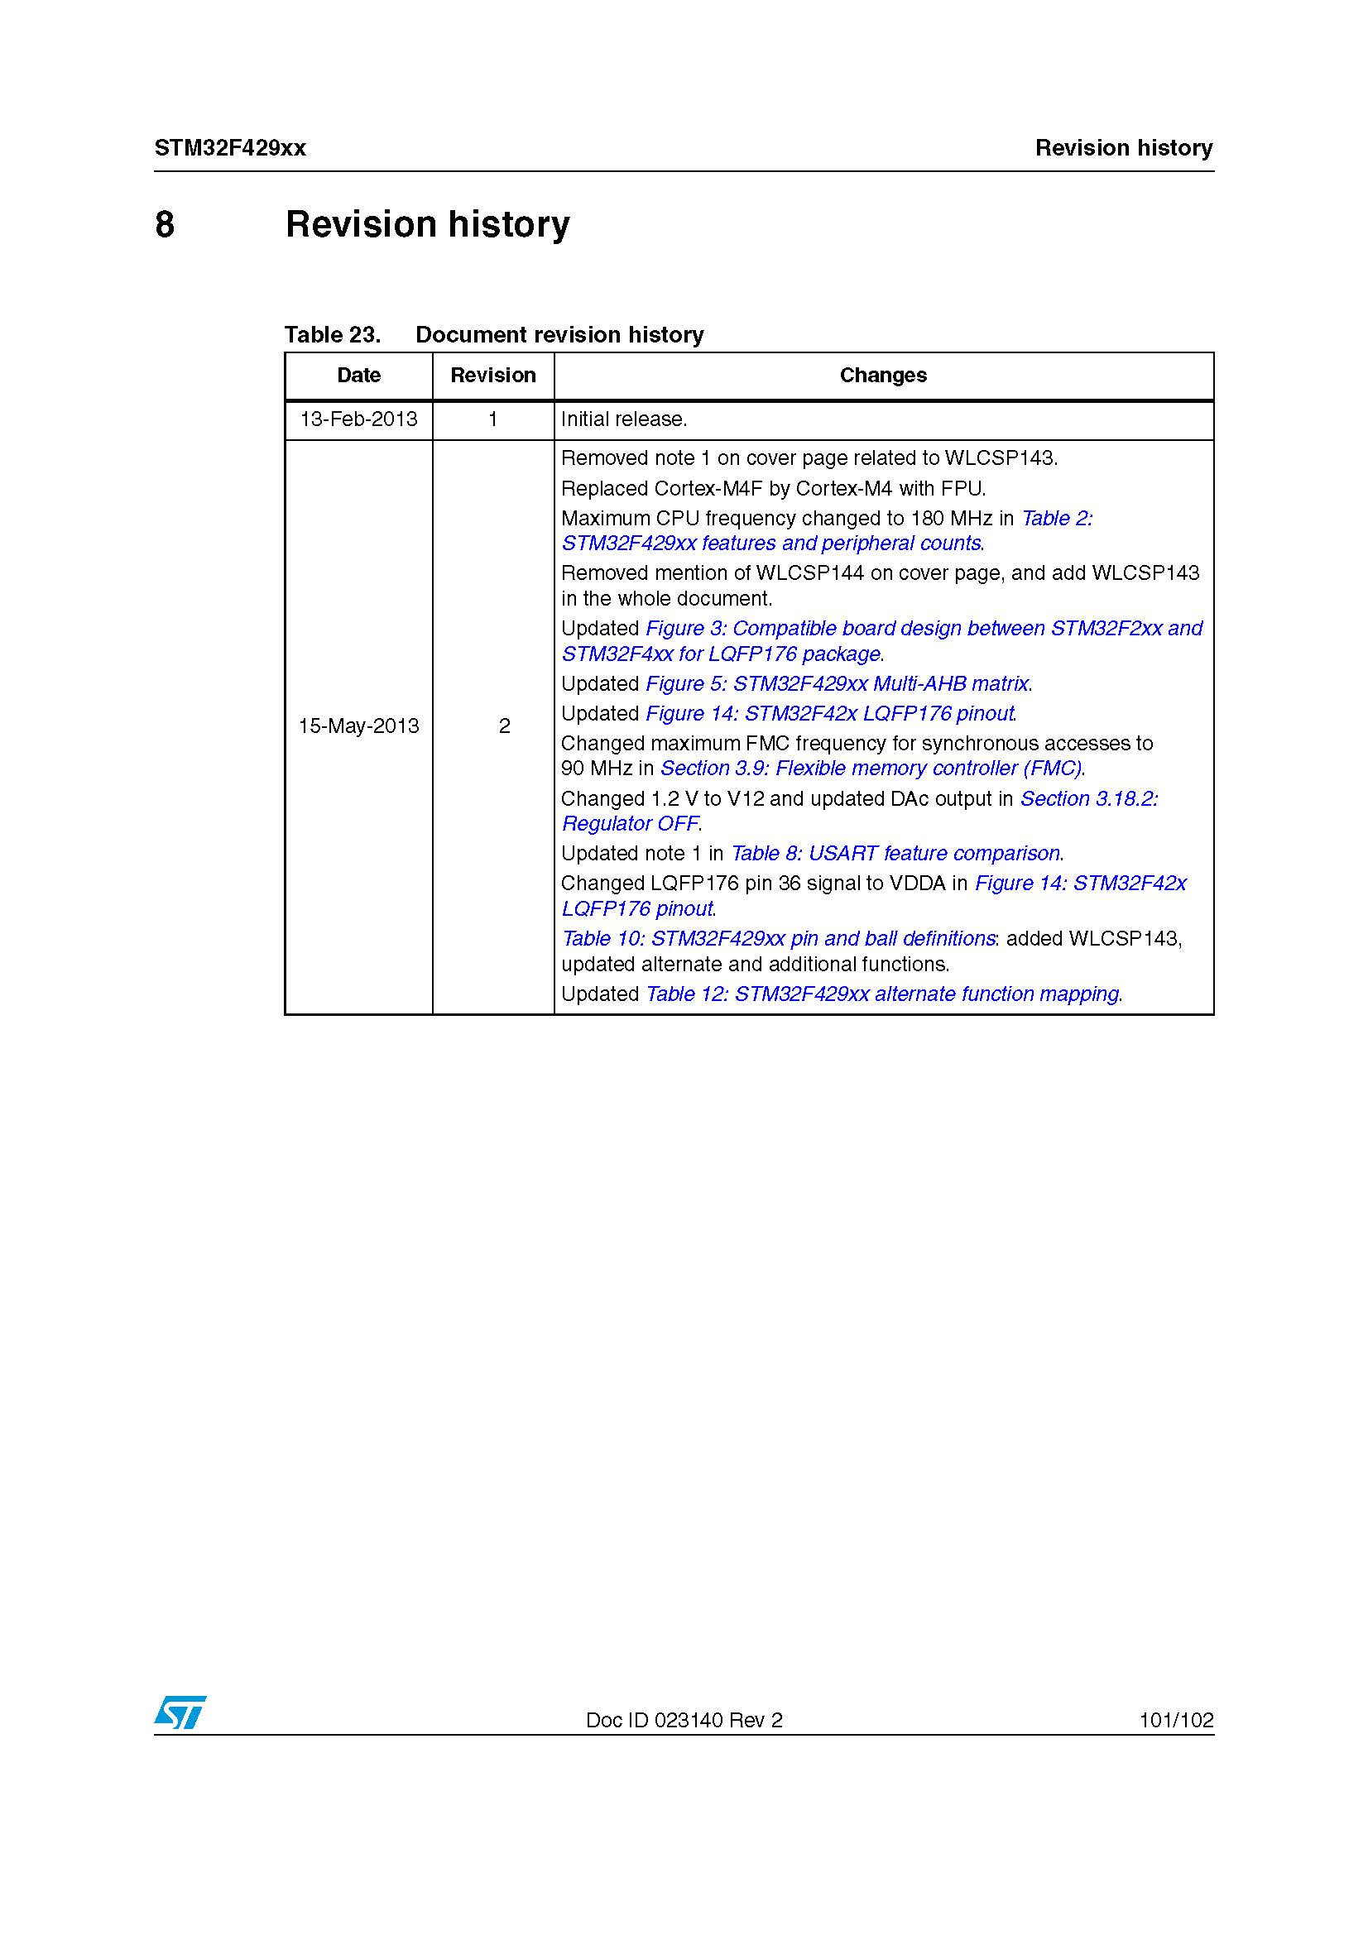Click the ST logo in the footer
(x=180, y=1712)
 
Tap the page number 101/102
(x=1176, y=1720)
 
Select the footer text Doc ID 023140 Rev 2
(x=684, y=1720)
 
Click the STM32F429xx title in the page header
(x=230, y=148)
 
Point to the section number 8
(x=166, y=225)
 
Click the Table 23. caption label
(x=332, y=334)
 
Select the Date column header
(x=358, y=375)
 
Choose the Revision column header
(x=493, y=375)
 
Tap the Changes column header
(x=882, y=375)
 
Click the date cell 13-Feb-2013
(x=358, y=419)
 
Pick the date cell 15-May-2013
(x=358, y=726)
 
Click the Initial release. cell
(x=624, y=419)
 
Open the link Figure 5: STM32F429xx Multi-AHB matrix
(x=837, y=683)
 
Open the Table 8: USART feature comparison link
(x=895, y=853)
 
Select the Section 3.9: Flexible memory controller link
(x=871, y=768)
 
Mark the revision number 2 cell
(x=504, y=726)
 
